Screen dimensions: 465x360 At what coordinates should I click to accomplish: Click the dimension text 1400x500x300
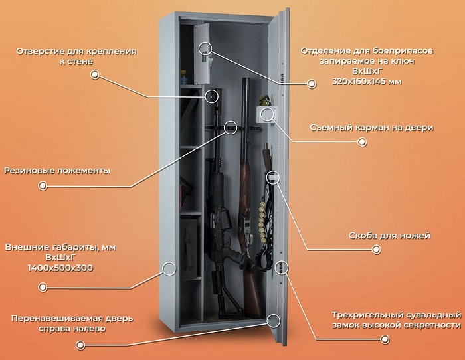point(60,268)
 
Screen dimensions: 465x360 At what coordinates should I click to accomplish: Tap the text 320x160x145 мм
point(367,81)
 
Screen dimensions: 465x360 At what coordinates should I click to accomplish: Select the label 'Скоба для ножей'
point(389,236)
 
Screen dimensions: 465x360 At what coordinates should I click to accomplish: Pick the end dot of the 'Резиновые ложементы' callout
point(43,186)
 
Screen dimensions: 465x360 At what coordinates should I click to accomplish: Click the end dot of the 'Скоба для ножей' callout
point(376,249)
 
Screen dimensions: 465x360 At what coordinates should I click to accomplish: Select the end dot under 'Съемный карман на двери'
point(362,142)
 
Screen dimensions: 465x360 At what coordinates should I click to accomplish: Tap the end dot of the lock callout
point(385,339)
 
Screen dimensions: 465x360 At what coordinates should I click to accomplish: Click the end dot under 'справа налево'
point(80,345)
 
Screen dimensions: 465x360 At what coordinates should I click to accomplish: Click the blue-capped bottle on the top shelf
point(185,77)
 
